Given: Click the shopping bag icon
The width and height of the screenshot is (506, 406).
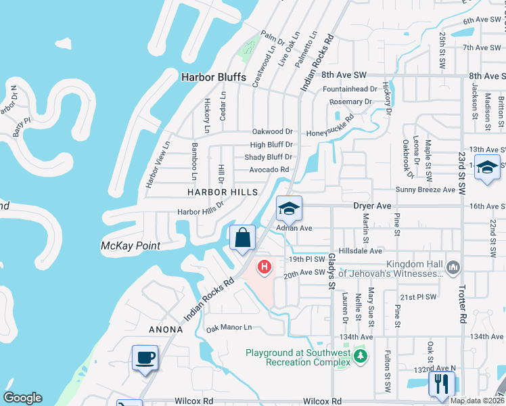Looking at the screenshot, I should pos(243,238).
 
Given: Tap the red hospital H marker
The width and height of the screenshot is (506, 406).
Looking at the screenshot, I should pos(264,269).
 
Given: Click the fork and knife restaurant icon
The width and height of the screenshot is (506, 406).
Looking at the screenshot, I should pos(441,384).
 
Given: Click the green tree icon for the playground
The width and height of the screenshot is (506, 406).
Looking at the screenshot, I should pos(361,355).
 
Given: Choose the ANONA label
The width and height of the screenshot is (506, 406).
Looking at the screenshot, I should pos(166,330).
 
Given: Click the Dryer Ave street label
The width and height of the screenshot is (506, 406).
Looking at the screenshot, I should pos(373,205).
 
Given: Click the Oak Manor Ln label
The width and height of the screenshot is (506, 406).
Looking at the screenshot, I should pos(229,328).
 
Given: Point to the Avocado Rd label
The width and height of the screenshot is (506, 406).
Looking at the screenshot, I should pos(269,170).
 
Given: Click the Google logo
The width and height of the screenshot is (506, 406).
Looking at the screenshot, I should pos(22,398).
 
